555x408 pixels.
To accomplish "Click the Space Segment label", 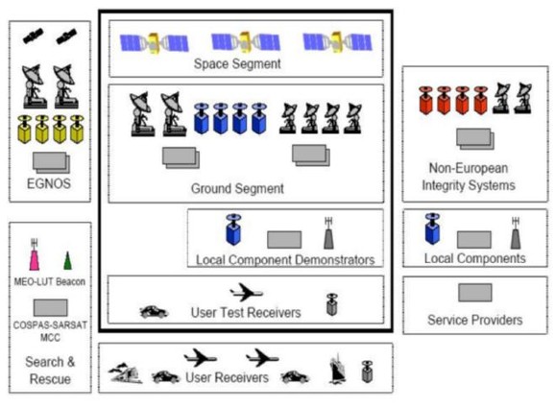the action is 237,64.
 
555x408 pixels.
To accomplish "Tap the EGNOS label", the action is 49,183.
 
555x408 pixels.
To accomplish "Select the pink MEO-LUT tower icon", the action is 34,254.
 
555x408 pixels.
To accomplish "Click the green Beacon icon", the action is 67,261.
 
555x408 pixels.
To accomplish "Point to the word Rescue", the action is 50,379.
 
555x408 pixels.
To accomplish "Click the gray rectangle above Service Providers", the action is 475,293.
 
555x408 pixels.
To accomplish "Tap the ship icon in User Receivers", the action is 338,369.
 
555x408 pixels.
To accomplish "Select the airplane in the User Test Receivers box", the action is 246,292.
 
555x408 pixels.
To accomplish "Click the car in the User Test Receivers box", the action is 154,312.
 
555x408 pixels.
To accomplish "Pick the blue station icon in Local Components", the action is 432,228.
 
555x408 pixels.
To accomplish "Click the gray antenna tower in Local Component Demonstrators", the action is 328,233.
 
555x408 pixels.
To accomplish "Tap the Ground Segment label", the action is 237,188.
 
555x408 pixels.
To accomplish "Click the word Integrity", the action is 444,185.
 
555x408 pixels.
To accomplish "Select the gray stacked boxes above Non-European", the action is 475,139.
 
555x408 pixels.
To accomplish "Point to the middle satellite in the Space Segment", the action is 246,42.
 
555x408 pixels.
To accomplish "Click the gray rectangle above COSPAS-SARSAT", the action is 51,308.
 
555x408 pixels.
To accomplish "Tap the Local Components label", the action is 474,258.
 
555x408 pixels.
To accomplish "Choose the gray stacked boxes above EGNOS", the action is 51,163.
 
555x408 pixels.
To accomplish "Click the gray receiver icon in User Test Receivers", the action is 332,304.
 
